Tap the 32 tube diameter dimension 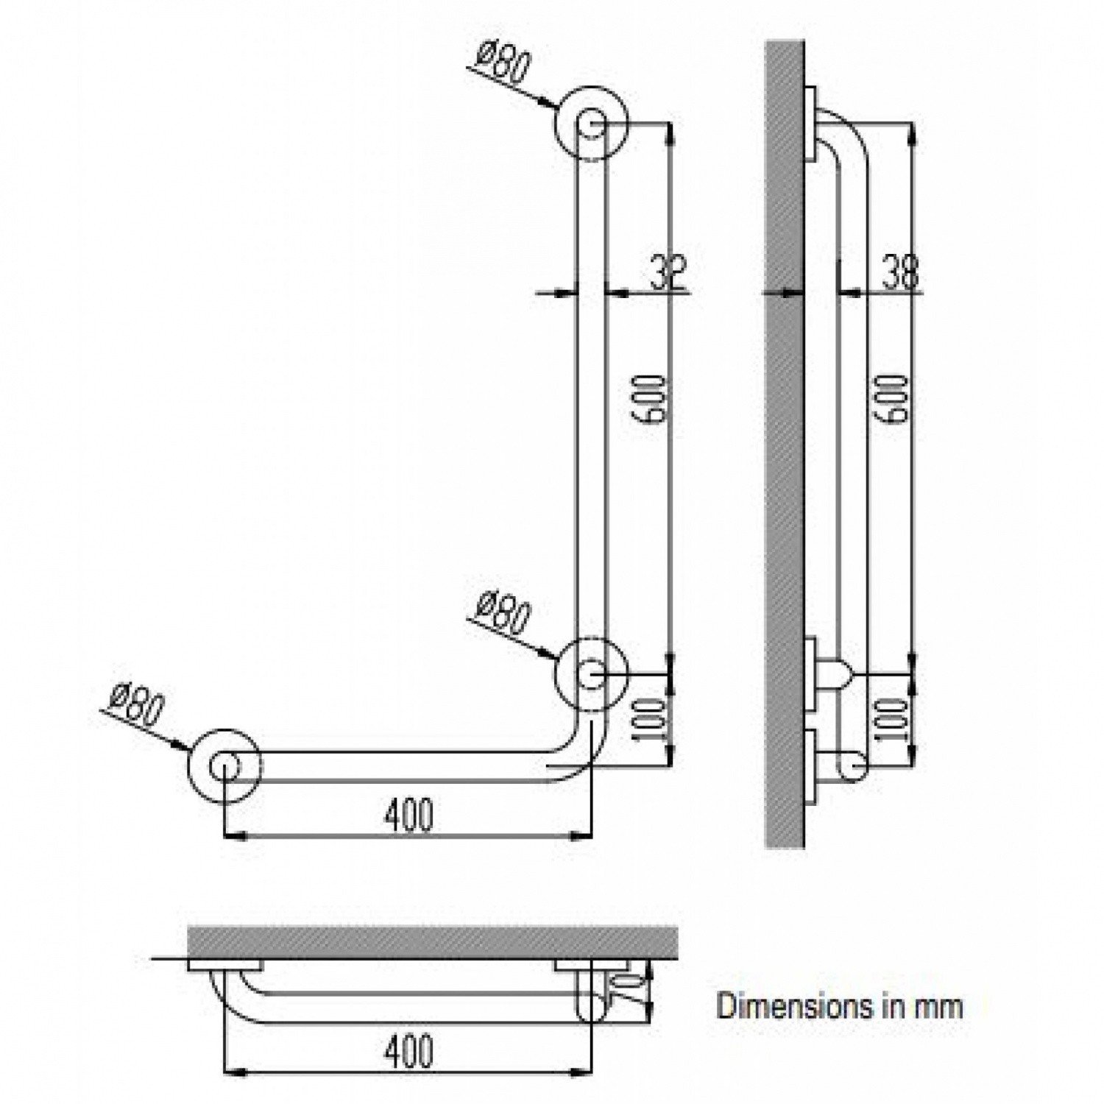pos(668,272)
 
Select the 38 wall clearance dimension pos(897,272)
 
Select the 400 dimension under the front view pos(409,815)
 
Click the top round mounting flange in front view pos(592,124)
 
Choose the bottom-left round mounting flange pos(224,765)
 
